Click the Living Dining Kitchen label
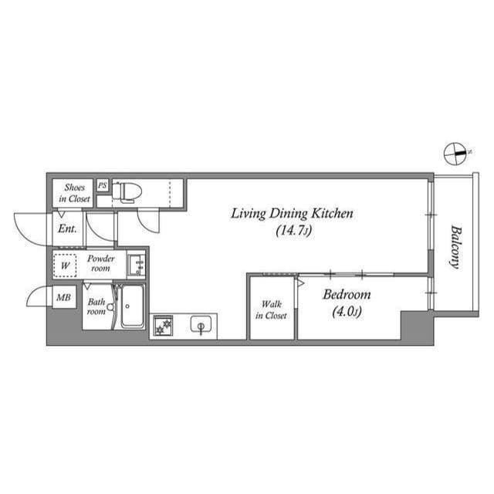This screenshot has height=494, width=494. click(x=292, y=213)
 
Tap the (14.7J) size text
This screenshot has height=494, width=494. click(x=292, y=230)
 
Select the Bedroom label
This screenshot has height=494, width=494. click(x=347, y=294)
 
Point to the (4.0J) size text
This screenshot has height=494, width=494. click(x=347, y=312)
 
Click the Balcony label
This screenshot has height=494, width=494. click(x=455, y=246)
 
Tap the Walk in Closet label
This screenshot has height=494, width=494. click(x=271, y=310)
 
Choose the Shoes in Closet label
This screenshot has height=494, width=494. click(x=74, y=193)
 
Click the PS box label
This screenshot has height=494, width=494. click(x=102, y=186)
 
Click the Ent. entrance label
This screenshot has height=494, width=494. click(x=66, y=228)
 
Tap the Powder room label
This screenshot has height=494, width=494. click(x=100, y=263)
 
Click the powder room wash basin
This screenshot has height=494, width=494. click(x=137, y=264)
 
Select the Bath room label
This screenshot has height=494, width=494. click(x=96, y=306)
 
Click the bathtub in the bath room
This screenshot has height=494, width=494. click(x=132, y=306)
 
